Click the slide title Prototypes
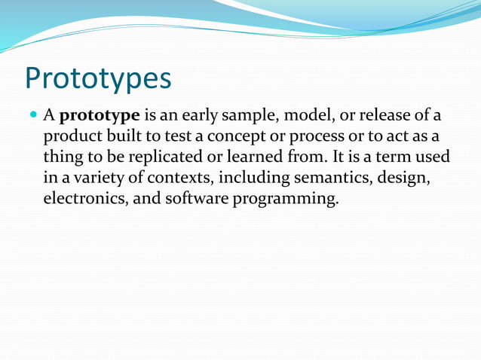[98, 78]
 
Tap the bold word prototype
[100, 117]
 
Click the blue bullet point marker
[32, 116]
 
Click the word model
[302, 116]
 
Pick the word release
[384, 116]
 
